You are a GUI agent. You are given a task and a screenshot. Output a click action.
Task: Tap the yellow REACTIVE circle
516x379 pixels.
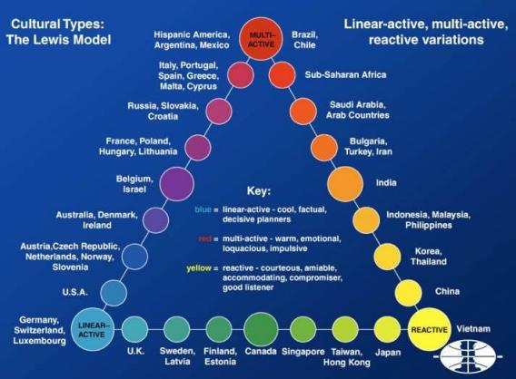click(x=427, y=328)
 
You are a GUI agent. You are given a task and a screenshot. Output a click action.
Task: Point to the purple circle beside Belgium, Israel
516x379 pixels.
click(x=176, y=183)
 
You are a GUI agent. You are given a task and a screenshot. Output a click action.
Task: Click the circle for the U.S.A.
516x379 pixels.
click(x=114, y=292)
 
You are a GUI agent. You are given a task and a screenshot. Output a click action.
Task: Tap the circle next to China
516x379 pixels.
click(x=408, y=292)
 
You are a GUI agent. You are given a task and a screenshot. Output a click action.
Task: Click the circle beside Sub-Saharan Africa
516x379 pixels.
click(x=282, y=73)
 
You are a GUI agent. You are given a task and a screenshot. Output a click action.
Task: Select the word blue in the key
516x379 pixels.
click(x=203, y=209)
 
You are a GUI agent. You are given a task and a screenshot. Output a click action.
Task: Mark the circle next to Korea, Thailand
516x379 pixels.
click(x=387, y=257)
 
